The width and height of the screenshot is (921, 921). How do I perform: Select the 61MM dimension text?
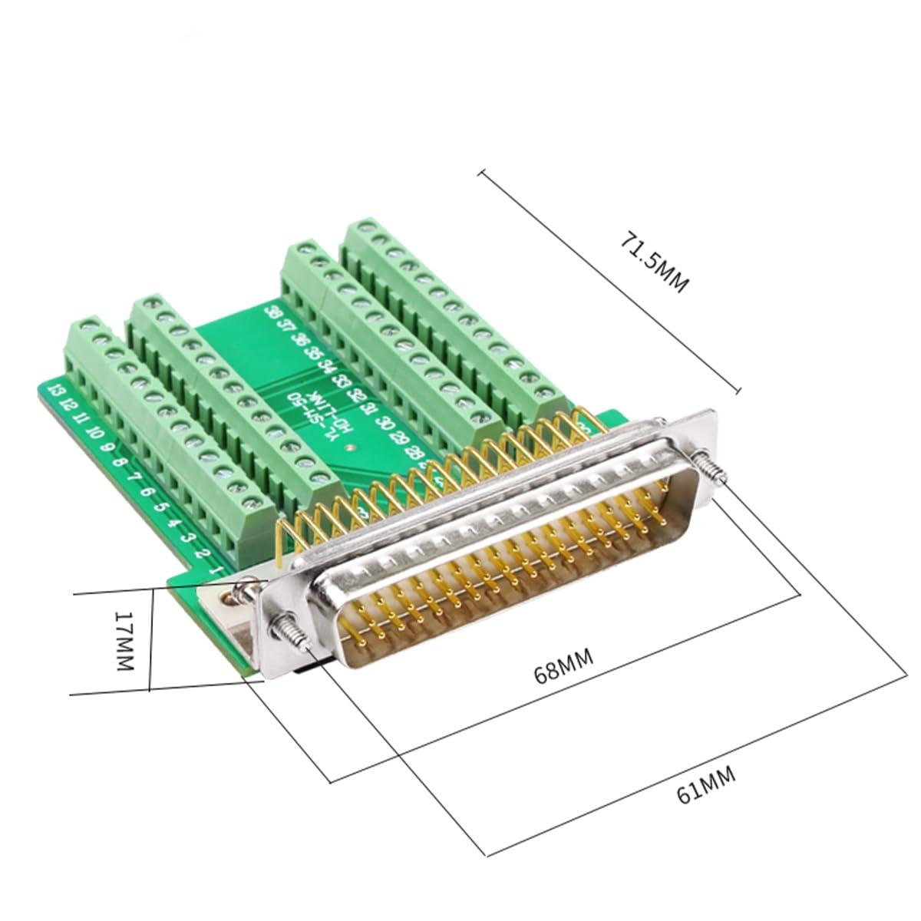[x=707, y=784]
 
